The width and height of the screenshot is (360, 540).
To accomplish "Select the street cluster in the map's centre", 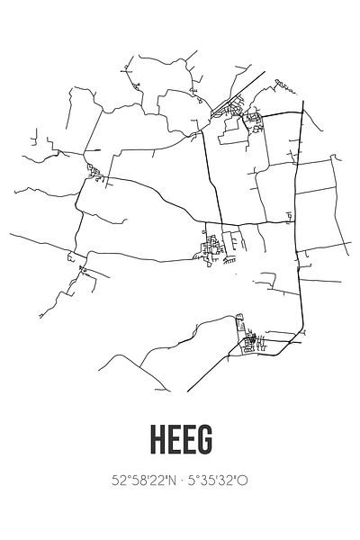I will [x=213, y=244].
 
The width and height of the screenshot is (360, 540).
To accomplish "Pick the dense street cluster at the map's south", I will [x=248, y=337].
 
